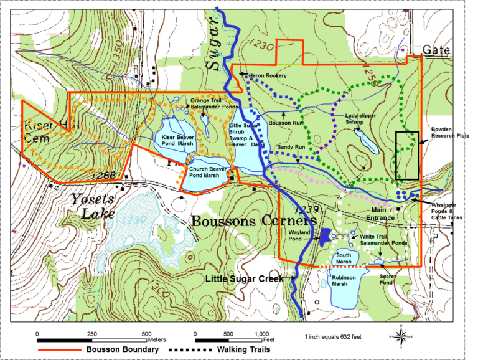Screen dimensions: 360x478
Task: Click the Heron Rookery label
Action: click(268, 75)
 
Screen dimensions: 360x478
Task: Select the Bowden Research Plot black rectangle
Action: click(407, 155)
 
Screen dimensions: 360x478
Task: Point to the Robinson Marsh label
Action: click(344, 280)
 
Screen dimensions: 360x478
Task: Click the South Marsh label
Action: click(344, 258)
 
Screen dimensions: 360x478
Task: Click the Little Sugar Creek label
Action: click(244, 278)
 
